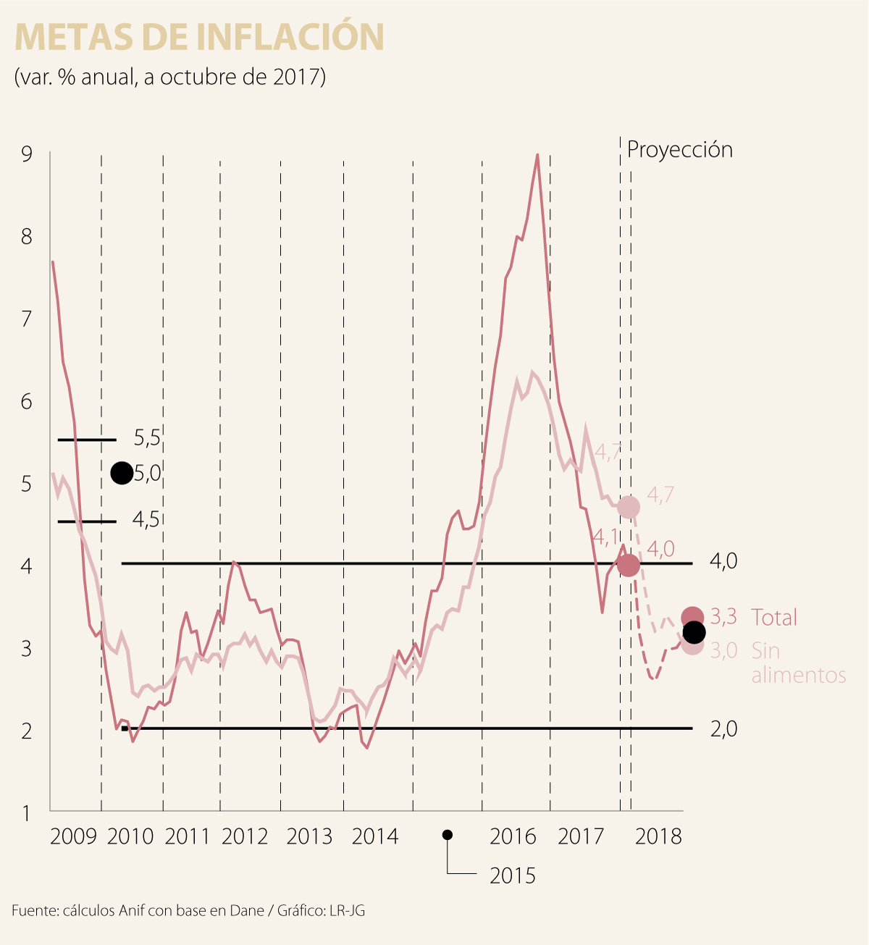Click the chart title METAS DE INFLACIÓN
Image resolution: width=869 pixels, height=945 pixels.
199,38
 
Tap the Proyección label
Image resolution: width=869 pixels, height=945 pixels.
679,150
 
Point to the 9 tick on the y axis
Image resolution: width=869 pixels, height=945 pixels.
27,154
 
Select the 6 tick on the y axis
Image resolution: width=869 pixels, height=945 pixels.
27,401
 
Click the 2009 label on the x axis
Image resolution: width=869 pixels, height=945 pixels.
73,836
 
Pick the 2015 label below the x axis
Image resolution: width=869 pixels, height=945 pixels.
512,875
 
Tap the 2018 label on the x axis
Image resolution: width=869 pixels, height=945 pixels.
658,836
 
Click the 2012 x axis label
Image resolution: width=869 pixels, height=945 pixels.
245,836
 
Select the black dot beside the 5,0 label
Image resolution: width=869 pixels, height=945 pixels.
122,473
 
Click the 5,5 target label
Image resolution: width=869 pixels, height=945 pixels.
146,437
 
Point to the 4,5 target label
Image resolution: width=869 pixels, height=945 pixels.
146,519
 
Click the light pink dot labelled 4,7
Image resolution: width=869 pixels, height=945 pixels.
629,507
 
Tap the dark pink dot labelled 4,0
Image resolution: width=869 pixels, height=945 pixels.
629,565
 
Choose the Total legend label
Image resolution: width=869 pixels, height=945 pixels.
773,618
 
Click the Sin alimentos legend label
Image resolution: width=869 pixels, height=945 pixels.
798,663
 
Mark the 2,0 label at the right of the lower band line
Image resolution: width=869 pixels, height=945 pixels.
723,728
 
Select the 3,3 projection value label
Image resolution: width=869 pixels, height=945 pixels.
723,617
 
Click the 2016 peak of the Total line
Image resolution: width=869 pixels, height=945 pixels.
537,154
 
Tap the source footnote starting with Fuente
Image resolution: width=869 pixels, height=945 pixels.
188,910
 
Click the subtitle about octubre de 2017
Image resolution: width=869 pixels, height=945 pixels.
169,77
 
